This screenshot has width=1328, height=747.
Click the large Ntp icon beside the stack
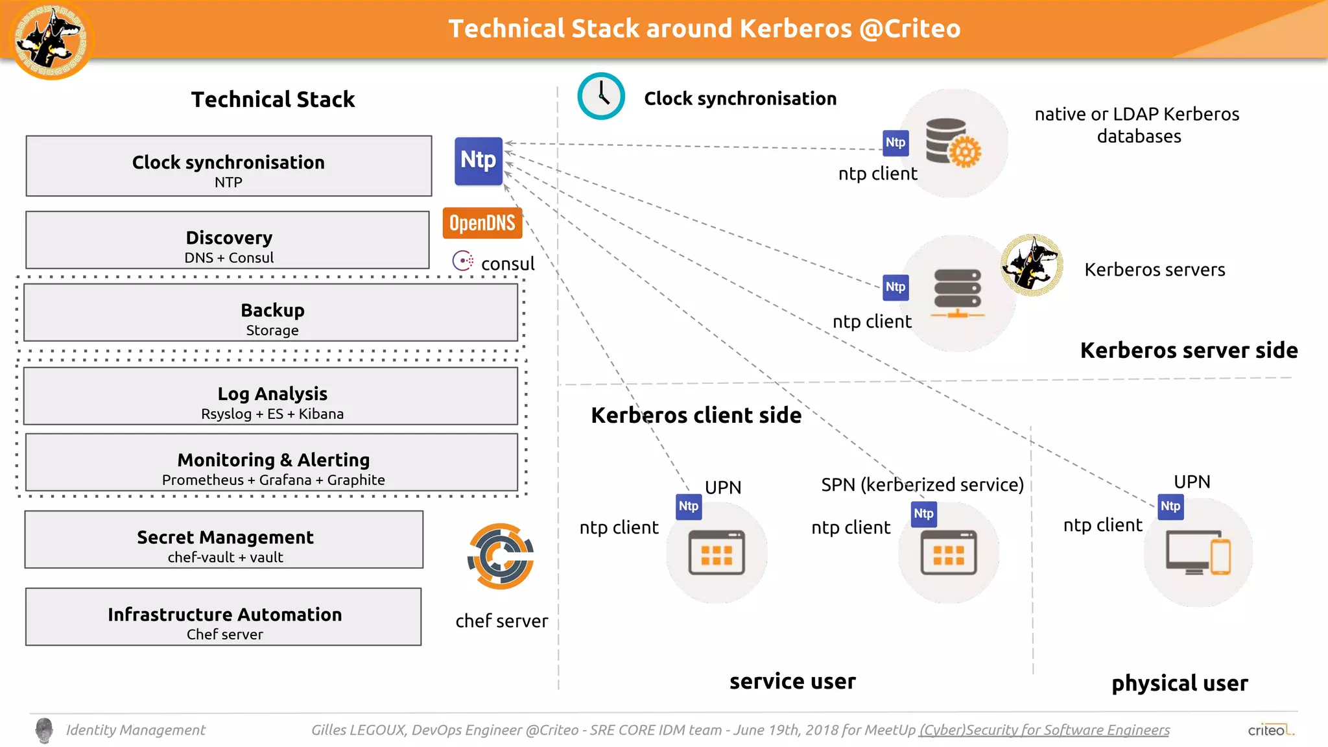click(479, 161)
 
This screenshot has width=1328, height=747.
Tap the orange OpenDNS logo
click(482, 223)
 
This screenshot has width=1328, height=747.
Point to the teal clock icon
click(601, 96)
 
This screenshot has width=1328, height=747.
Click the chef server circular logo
click(501, 556)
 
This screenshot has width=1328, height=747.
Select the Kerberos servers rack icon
click(957, 294)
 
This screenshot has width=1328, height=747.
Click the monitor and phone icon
click(1198, 553)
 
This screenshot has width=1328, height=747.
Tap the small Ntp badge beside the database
click(895, 143)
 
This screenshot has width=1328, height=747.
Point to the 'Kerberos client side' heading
click(696, 415)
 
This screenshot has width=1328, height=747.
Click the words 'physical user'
click(1180, 683)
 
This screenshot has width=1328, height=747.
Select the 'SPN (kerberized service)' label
click(922, 484)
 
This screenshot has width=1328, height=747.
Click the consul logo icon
click(463, 261)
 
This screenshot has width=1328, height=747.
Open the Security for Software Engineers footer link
click(1044, 730)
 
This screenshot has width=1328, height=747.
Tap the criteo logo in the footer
click(1270, 730)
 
